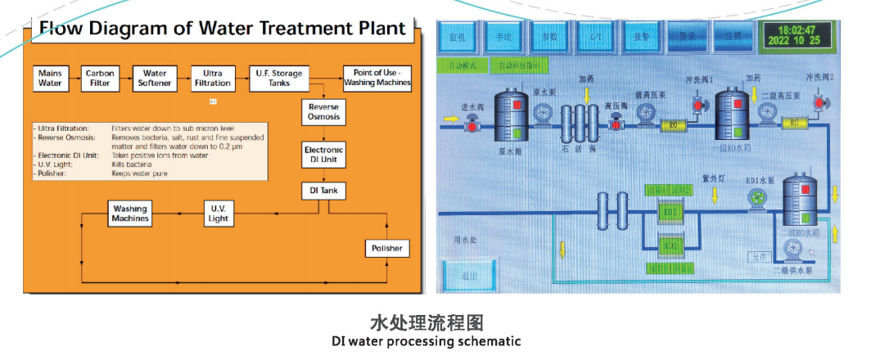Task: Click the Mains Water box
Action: coord(51,78)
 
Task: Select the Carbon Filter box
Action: coord(100,78)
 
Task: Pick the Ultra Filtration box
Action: coord(211,78)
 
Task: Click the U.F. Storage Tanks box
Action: coord(280,78)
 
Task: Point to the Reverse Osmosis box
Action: coord(324,113)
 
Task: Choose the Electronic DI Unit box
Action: coord(324,155)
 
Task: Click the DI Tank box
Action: coord(324,191)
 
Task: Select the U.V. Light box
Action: coord(218,214)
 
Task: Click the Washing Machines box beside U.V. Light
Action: coord(131,214)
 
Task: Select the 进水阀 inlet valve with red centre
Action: coord(472,124)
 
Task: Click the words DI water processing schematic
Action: coord(426,341)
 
